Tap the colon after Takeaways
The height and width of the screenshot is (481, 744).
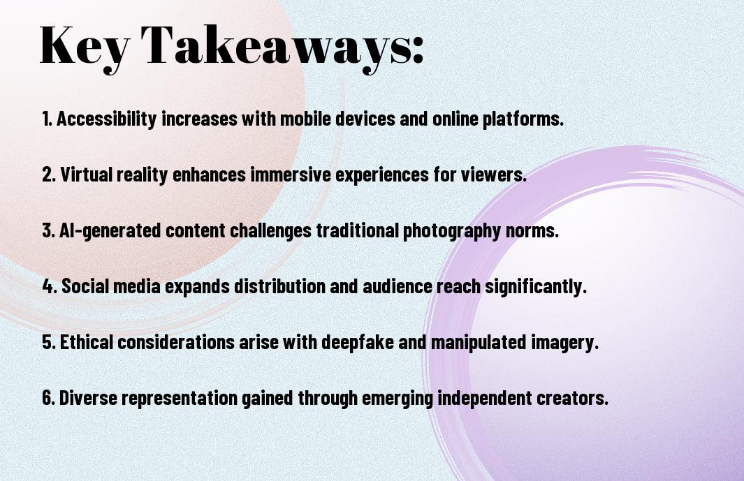coord(418,50)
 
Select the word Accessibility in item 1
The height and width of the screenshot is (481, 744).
coord(107,119)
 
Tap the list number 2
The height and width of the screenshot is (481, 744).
coord(49,175)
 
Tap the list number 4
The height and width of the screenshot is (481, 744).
coord(50,286)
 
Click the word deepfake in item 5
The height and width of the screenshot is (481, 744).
coord(358,342)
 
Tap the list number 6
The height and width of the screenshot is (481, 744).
coord(48,397)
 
